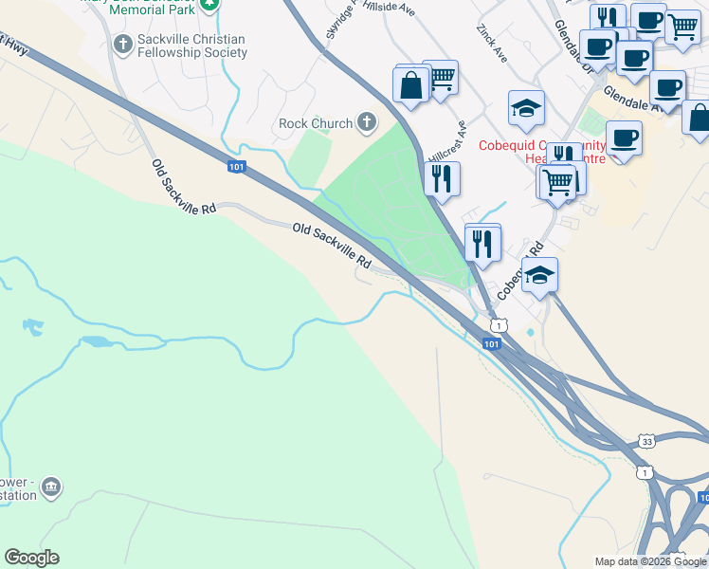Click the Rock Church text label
point(316,123)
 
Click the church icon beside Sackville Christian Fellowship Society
point(122,44)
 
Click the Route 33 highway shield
point(645,441)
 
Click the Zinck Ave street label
point(493,44)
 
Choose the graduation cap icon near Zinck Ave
point(526,108)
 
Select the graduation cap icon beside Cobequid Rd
point(539,275)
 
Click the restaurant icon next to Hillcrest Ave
point(441,177)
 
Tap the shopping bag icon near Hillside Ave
point(412,85)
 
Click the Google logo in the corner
point(31,558)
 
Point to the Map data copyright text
point(650,561)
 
